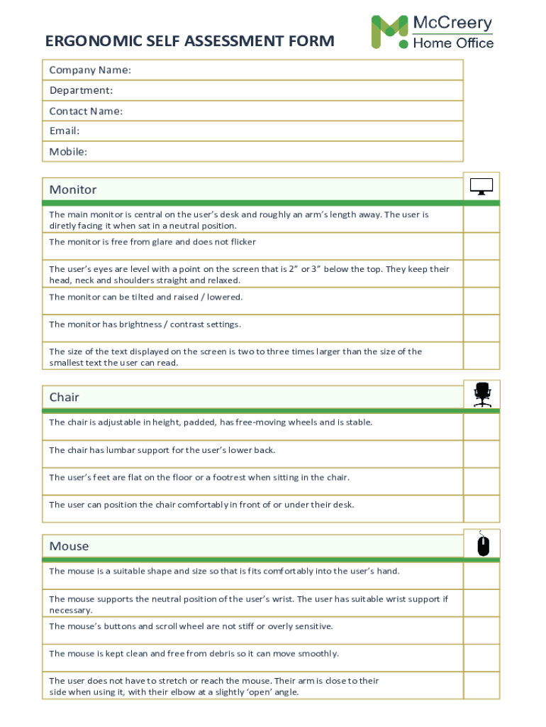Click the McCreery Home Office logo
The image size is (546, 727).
tap(432, 32)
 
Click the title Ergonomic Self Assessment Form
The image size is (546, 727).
tap(189, 41)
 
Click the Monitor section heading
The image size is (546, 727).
tap(73, 190)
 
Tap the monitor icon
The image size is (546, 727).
tap(481, 187)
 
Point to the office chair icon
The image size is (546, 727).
tap(482, 395)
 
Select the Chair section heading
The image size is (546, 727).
tap(65, 397)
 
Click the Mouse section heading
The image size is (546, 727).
tap(69, 546)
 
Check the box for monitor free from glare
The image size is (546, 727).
tap(481, 246)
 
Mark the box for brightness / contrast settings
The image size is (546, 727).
tap(481, 328)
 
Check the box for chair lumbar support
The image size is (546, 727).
tap(481, 454)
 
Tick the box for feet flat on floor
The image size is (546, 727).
tap(481, 481)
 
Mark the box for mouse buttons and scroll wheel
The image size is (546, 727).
tap(481, 630)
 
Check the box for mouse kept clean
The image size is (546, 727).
tap(481, 657)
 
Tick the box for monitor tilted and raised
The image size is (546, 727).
tap(481, 301)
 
